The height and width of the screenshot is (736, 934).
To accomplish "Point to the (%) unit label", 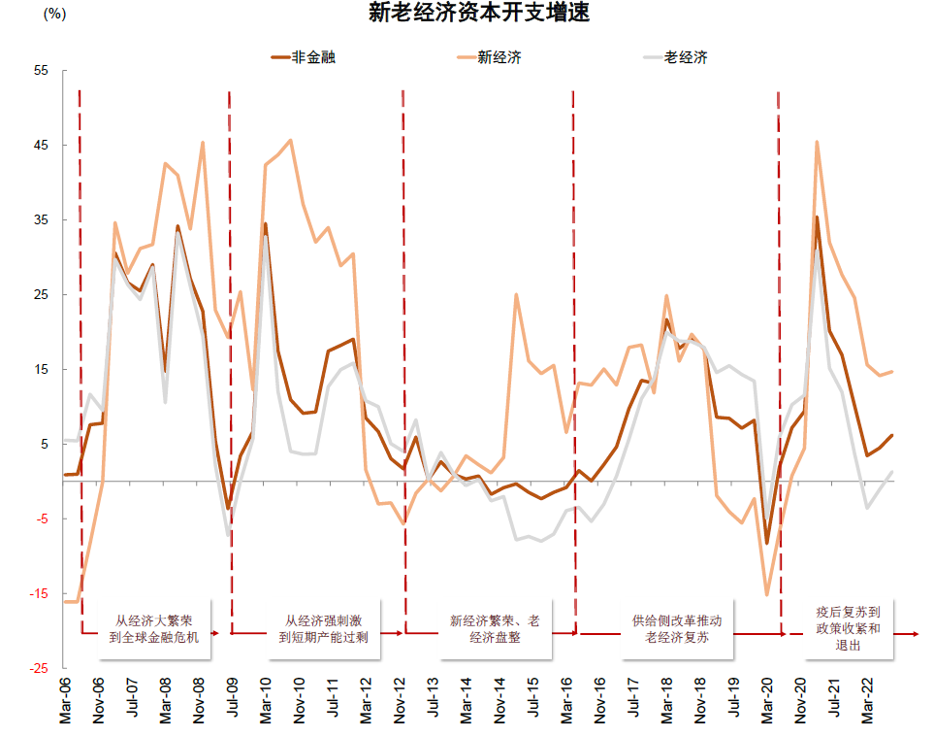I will click(55, 15).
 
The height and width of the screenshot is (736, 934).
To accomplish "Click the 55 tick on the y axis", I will click(41, 71).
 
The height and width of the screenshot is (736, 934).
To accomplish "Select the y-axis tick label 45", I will click(41, 146).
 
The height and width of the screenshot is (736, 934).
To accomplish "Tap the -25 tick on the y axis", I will click(38, 669).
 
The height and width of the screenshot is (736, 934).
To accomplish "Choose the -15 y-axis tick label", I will click(38, 594).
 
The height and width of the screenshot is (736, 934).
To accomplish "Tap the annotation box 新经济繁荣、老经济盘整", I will click(495, 629).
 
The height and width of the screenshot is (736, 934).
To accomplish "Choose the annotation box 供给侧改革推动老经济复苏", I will click(676, 629).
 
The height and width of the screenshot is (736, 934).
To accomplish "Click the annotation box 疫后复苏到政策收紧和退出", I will click(848, 628).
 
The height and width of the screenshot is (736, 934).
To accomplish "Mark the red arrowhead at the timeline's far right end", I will click(915, 635).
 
